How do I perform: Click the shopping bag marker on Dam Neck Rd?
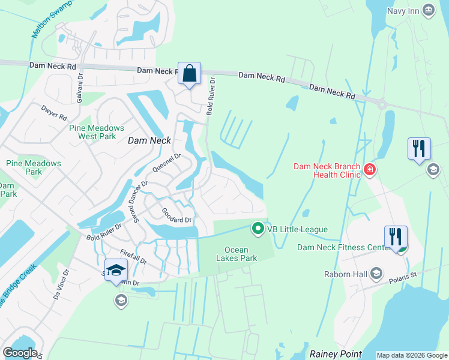[x=189, y=74]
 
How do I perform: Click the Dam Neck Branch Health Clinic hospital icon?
[x=370, y=170]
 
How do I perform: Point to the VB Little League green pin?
[x=258, y=229]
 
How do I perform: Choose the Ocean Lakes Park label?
[x=240, y=254]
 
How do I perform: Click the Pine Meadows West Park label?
[x=97, y=132]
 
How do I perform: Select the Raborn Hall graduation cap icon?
[x=376, y=274]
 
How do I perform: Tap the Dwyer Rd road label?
[x=53, y=113]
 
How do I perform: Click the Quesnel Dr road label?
[x=166, y=163]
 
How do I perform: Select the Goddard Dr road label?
[x=176, y=216]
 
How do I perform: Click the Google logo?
[x=20, y=353]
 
